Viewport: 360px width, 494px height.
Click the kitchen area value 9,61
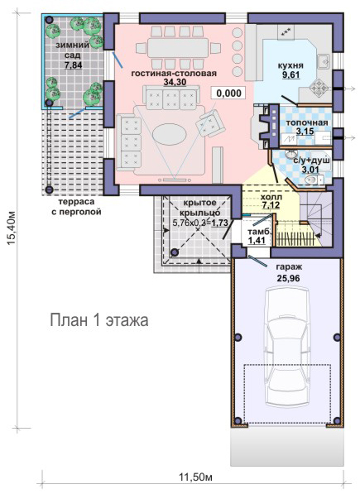(x=290, y=74)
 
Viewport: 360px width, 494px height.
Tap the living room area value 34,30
(x=175, y=82)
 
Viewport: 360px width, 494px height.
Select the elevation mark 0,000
(x=228, y=94)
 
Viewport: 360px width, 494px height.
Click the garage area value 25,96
(x=288, y=278)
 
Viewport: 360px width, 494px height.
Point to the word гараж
(x=289, y=267)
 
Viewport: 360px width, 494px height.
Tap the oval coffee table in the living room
(x=170, y=134)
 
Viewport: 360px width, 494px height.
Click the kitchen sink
(x=324, y=61)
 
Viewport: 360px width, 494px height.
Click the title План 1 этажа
(x=99, y=320)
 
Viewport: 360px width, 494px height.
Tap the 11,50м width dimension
(x=195, y=477)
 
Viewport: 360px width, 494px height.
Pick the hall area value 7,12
(x=271, y=205)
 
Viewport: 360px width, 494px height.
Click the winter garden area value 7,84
(x=73, y=65)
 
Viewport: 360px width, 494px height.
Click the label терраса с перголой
(x=76, y=207)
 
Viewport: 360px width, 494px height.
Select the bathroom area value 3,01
(x=310, y=170)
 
